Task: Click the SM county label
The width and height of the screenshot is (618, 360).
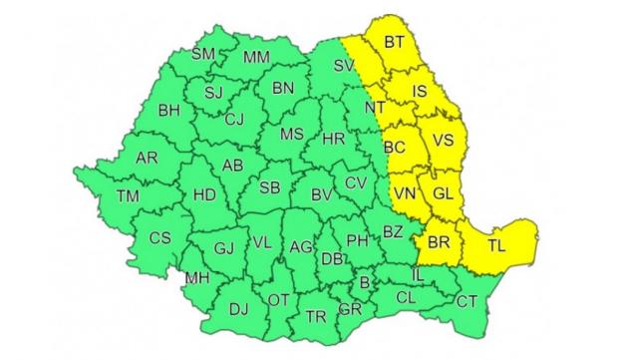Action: click(x=202, y=54)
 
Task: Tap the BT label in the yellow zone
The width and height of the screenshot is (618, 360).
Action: click(x=394, y=42)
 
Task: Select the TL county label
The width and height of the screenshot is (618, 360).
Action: click(x=495, y=244)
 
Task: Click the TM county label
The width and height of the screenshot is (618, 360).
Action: click(x=128, y=196)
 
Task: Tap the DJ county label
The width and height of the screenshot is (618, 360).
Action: click(x=238, y=308)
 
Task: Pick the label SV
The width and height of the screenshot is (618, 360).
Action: click(x=344, y=66)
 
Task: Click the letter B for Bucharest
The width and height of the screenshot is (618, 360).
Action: click(x=364, y=283)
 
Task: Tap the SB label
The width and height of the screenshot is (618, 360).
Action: click(x=268, y=187)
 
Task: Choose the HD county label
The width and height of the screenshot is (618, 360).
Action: click(x=203, y=194)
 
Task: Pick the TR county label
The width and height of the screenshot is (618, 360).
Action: click(x=316, y=316)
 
